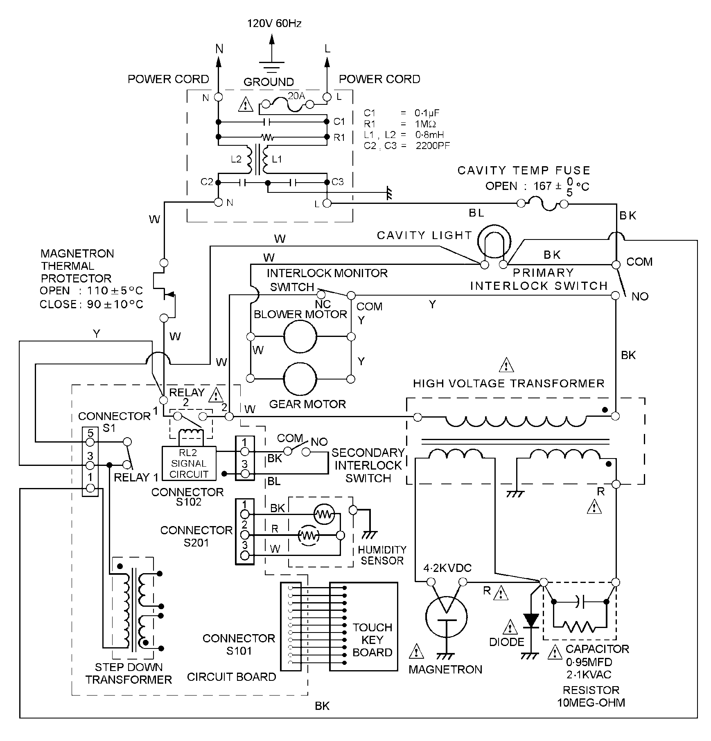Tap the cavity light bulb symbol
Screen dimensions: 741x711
pyautogui.click(x=494, y=242)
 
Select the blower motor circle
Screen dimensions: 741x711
pyautogui.click(x=300, y=337)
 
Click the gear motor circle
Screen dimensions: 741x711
pyautogui.click(x=300, y=379)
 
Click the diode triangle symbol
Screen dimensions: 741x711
pyautogui.click(x=531, y=621)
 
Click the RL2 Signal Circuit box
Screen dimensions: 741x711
pyautogui.click(x=189, y=463)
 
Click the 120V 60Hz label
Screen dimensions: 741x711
pyautogui.click(x=274, y=23)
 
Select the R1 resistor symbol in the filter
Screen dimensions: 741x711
pyautogui.click(x=268, y=137)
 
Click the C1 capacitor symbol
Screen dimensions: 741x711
pyautogui.click(x=267, y=122)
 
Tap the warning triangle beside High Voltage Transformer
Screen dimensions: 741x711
pyautogui.click(x=506, y=365)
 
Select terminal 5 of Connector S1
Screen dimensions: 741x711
pyautogui.click(x=90, y=442)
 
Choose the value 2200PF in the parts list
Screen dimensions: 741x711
pyautogui.click(x=433, y=145)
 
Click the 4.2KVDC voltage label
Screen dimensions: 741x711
pyautogui.click(x=447, y=568)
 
